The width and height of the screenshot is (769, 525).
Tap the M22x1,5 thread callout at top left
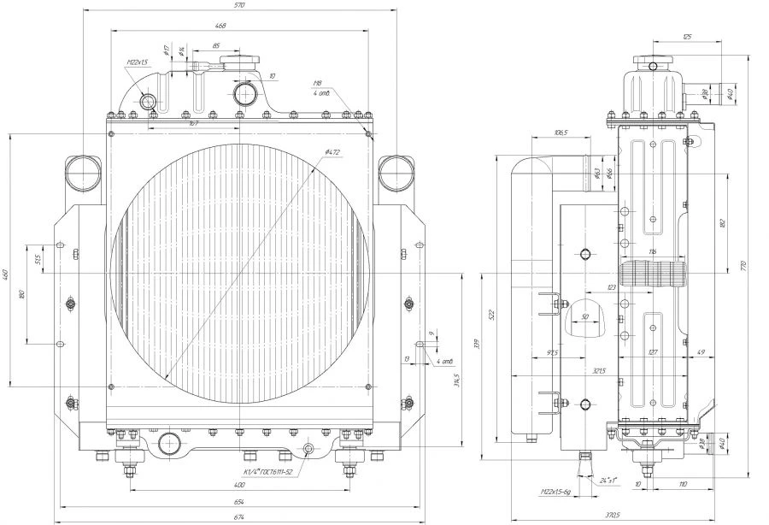click(138, 62)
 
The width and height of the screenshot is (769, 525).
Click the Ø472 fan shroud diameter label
click(332, 153)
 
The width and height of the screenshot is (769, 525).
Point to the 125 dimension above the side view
click(687, 36)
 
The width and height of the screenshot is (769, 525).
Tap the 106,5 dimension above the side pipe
click(561, 133)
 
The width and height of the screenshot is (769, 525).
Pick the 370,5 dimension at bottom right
click(633, 516)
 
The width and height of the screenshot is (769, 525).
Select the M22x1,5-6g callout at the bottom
click(558, 493)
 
